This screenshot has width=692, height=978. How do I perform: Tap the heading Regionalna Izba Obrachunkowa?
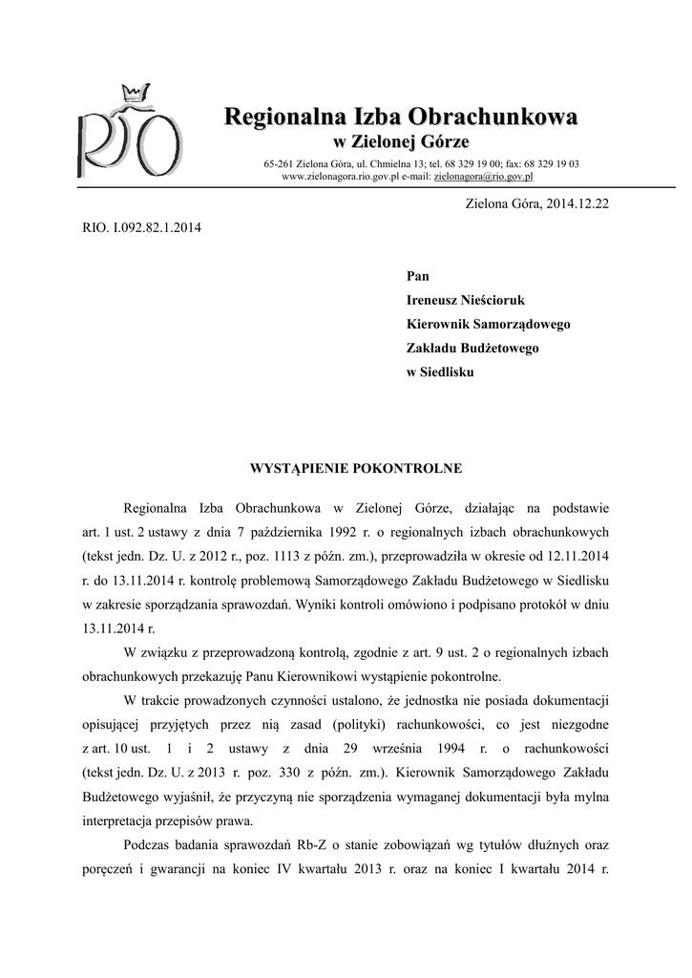pyautogui.click(x=400, y=118)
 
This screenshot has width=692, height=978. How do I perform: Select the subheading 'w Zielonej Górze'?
pyautogui.click(x=400, y=143)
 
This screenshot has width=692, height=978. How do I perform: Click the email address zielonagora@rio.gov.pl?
pyautogui.click(x=483, y=177)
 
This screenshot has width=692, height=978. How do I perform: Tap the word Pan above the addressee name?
pyautogui.click(x=418, y=276)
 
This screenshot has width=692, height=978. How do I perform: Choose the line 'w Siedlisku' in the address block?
pyautogui.click(x=440, y=372)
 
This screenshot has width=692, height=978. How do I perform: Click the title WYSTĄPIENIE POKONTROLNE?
pyautogui.click(x=356, y=469)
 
